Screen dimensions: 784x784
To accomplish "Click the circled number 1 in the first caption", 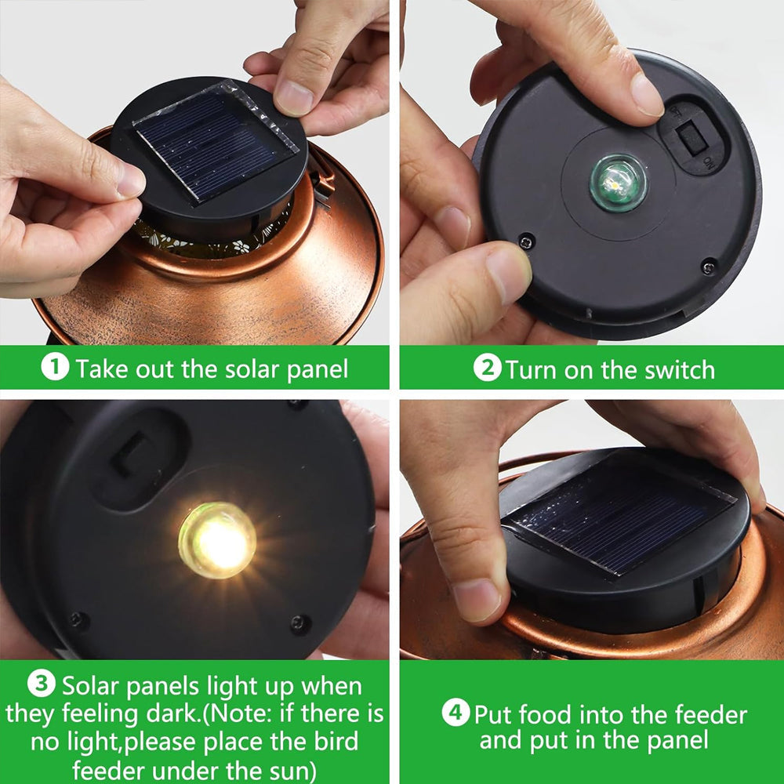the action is tap(55, 367).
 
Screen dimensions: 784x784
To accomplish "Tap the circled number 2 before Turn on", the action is tap(487, 368).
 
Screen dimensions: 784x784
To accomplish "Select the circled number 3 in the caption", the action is tap(42, 684).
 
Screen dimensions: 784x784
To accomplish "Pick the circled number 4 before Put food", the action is tap(456, 712).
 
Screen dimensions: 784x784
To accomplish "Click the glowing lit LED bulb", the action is tap(217, 540).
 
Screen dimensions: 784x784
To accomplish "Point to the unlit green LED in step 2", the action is tap(618, 183).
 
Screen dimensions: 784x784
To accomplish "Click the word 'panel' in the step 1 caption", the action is tap(318, 371).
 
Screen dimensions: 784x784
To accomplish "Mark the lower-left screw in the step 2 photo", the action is tap(526, 242).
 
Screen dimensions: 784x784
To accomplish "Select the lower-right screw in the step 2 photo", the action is tap(709, 267).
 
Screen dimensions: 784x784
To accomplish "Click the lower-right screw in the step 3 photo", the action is tap(300, 624).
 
